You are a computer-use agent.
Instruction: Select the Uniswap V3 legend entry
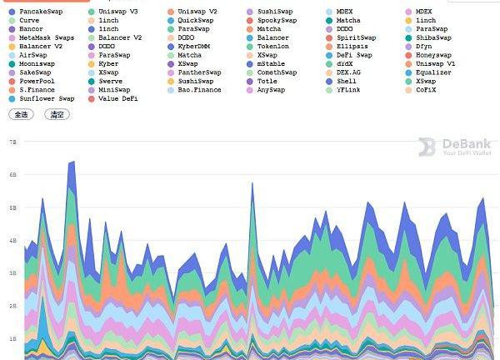[117, 12]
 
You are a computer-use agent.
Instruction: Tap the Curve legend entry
[28, 20]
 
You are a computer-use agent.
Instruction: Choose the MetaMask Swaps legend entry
[46, 37]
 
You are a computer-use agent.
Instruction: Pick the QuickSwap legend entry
[195, 20]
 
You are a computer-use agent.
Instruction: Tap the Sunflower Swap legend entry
[46, 98]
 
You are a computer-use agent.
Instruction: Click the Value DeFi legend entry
[116, 98]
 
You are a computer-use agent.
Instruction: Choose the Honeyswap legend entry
[433, 55]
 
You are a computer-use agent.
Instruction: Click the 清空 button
[57, 114]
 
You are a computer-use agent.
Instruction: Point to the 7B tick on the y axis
[12, 142]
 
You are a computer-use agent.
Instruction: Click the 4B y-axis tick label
[12, 241]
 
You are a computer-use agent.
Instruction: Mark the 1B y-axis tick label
[12, 339]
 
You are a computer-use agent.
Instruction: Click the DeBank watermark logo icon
[427, 147]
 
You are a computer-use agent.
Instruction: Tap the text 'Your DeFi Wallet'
[467, 153]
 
